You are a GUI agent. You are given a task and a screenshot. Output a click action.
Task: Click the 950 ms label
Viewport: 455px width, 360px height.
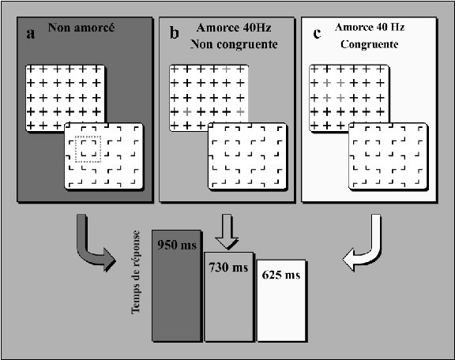coord(177,245)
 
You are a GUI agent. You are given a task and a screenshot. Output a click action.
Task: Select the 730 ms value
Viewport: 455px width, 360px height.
coord(228,267)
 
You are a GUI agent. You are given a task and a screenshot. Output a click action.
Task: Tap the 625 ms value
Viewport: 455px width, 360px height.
coord(281,275)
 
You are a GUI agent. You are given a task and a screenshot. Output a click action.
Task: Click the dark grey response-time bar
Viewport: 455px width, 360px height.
coord(176,286)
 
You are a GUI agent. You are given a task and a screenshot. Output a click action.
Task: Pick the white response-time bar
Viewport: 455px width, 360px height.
coord(281,301)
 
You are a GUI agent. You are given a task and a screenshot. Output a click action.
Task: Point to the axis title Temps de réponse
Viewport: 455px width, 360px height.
coord(136,272)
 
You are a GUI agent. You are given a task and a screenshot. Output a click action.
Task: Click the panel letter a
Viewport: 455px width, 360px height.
coord(31,34)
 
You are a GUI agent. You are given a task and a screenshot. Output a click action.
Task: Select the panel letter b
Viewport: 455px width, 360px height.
coord(174,33)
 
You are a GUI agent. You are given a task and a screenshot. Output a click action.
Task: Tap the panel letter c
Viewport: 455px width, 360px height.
coord(317,34)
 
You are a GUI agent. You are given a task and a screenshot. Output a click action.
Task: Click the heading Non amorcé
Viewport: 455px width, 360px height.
coord(81,28)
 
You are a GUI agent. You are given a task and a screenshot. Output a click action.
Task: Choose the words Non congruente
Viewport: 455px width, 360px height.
coord(234,44)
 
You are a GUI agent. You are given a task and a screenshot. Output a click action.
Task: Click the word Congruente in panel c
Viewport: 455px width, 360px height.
coord(370,44)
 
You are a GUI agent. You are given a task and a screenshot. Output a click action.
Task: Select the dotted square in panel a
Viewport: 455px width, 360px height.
coord(88,148)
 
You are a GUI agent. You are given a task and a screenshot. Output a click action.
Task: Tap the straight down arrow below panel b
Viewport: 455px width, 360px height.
coord(227,231)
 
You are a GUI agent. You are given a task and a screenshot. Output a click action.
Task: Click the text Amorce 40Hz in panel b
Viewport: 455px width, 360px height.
coord(234,28)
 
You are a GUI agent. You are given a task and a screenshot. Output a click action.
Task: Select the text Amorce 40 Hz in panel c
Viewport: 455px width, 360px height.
coord(370,28)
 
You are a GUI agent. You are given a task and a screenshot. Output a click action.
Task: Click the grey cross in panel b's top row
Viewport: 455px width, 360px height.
coord(227,69)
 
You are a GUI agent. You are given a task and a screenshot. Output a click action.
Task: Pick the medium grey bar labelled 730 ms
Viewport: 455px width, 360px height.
coord(228,297)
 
